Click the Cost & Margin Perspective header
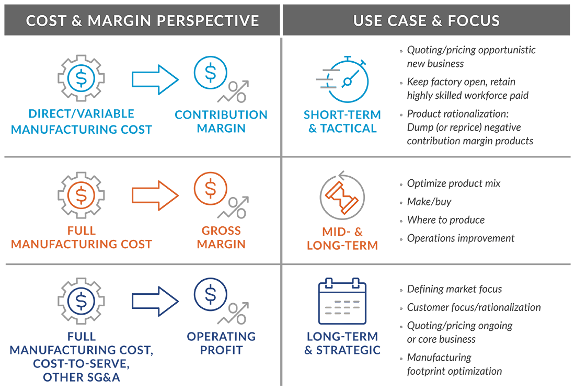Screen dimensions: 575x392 point(142,20)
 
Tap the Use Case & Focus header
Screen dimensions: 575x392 point(427,20)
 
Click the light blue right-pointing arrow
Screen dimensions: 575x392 point(155,79)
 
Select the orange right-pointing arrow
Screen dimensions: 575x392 point(155,195)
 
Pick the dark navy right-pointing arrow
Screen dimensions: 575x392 point(155,302)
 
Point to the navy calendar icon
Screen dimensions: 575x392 point(342,301)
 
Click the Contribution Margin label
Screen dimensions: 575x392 point(221,121)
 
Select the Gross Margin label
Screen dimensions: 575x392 point(221,237)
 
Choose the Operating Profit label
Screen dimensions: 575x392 point(221,343)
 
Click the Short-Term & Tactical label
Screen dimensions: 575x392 point(342,121)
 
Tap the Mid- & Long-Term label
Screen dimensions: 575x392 point(342,238)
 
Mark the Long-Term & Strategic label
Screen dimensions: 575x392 point(342,343)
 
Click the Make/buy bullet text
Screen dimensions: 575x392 point(429,202)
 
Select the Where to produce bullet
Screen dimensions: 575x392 point(446,220)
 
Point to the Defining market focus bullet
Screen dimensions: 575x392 point(454,289)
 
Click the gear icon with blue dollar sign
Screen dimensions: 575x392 point(81,78)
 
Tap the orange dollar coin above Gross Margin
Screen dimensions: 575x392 point(211,189)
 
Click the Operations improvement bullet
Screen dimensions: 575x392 point(461,238)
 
